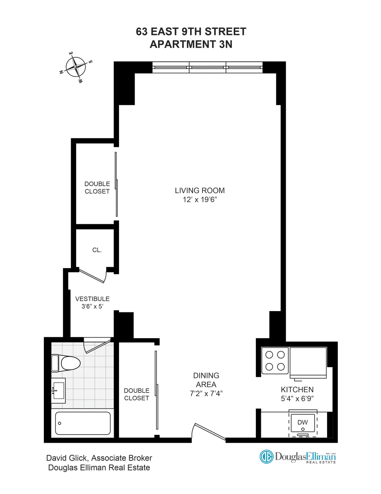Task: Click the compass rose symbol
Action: [76, 67]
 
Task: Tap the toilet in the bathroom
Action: [66, 363]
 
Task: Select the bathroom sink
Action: [58, 390]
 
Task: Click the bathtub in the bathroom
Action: [83, 423]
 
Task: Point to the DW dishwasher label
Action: [303, 422]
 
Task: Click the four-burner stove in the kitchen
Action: [275, 360]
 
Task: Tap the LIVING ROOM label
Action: [200, 191]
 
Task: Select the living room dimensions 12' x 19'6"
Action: [200, 199]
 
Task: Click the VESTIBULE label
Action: [92, 299]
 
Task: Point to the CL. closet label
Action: [97, 250]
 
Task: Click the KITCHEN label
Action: [297, 389]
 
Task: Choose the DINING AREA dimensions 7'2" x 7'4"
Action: [206, 393]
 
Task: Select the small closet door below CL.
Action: [92, 276]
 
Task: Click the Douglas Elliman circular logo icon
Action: [266, 457]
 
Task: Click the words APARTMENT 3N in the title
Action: [191, 44]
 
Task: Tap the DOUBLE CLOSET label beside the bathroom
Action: [137, 394]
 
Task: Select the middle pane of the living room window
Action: [208, 67]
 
